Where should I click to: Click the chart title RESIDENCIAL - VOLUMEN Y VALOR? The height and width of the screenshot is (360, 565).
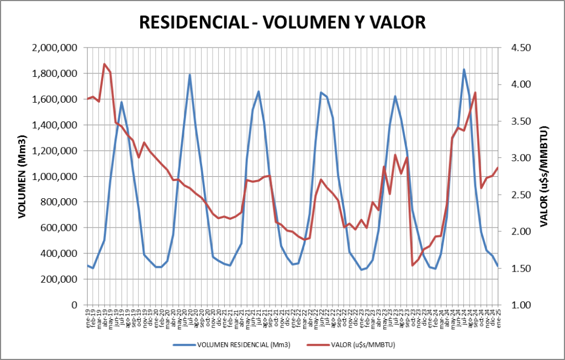[282, 22]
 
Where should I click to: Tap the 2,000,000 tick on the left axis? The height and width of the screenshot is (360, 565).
[54, 48]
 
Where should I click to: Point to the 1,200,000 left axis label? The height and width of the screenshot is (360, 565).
[54, 151]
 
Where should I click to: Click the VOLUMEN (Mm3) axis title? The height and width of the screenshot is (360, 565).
[22, 176]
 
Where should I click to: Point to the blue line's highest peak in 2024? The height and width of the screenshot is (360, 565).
[464, 70]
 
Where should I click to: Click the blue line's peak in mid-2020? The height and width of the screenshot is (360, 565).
[189, 75]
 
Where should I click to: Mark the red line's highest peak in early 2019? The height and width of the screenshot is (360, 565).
[104, 64]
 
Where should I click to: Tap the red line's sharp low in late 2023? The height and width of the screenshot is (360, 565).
[413, 265]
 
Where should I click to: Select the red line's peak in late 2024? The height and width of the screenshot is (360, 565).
[475, 93]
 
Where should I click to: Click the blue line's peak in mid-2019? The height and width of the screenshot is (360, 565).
[122, 102]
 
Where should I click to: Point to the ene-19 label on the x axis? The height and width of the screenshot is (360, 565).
[88, 319]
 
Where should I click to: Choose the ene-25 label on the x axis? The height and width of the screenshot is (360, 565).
[498, 319]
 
